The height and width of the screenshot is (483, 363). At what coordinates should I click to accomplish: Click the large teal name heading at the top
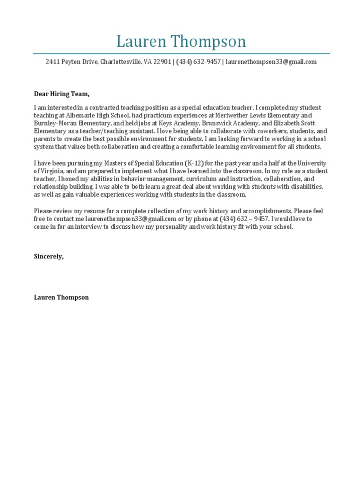(x=181, y=42)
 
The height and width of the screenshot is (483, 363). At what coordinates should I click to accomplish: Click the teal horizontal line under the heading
(x=181, y=54)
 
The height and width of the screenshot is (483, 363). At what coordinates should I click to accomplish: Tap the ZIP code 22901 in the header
(x=161, y=62)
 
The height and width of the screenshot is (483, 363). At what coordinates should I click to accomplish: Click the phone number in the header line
(x=199, y=62)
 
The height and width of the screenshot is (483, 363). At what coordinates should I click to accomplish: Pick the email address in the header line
(x=271, y=62)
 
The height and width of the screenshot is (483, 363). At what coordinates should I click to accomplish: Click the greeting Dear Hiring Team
(x=61, y=94)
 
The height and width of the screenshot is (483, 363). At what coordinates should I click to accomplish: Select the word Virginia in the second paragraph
(x=50, y=171)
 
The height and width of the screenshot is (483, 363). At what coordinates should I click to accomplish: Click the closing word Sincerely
(x=49, y=256)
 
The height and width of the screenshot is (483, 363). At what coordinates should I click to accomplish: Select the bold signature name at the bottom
(x=61, y=297)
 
